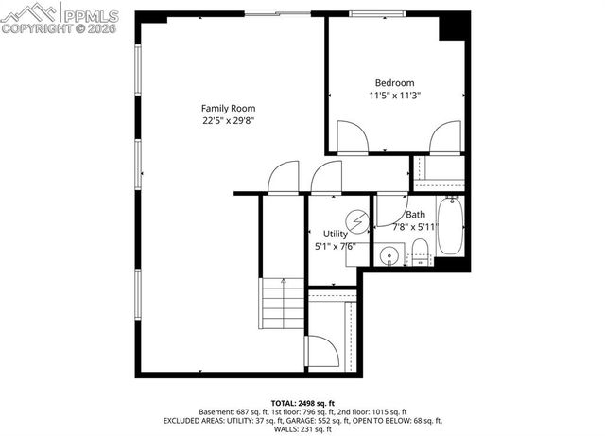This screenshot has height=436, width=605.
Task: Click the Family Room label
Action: coord(228,108)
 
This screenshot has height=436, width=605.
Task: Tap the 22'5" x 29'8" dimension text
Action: coord(228,120)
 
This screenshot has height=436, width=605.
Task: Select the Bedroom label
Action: coord(394,83)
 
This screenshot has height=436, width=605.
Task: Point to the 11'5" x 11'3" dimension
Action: coord(394,96)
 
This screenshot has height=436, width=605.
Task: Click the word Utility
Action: coord(336,234)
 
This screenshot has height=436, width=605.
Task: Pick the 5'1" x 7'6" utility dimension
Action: coord(335,246)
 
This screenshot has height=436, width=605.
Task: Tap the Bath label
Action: coord(415,215)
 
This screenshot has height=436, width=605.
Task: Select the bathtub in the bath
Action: coord(451,226)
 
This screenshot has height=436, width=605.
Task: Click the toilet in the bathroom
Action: coord(422,252)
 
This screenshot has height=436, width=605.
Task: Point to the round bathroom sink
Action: coord(389,255)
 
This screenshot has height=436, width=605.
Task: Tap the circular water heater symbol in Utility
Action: coord(357,221)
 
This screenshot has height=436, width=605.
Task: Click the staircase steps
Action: coord(282,303)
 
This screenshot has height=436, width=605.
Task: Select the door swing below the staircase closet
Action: coord(322,352)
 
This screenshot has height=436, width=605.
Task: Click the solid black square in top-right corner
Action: coord(455,26)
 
